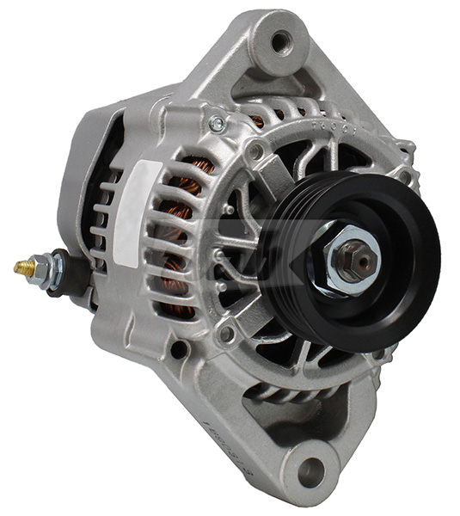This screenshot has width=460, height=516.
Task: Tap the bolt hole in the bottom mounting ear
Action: tap(310, 471)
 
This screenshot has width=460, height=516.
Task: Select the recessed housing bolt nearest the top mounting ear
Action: tap(255, 150)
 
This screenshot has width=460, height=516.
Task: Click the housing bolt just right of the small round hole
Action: tap(226, 334)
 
